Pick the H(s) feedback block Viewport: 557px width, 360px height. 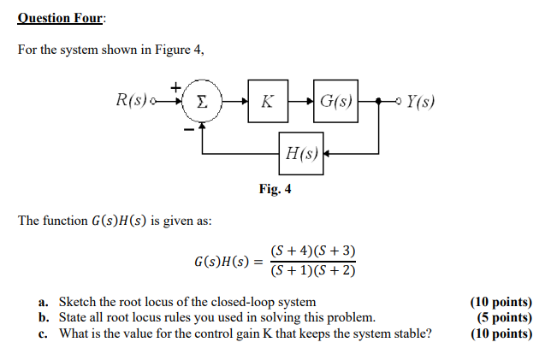[300, 154]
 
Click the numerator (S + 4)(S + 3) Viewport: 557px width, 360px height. [313, 251]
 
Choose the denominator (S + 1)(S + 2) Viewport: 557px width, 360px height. [313, 271]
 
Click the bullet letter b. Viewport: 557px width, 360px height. [43, 317]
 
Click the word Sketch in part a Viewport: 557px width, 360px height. [79, 302]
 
